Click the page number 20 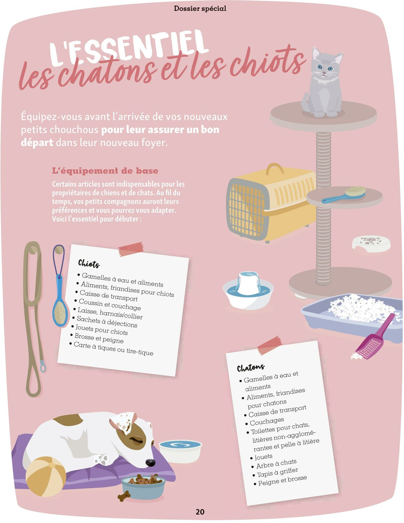(200, 511)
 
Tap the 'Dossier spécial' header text (200, 8)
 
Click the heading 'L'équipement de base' (105, 171)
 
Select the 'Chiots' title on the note (89, 263)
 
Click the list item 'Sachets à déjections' (107, 322)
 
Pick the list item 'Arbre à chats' (276, 464)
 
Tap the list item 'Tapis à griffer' (277, 473)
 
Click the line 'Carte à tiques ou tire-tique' (113, 349)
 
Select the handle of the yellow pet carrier (274, 169)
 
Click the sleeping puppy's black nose (150, 462)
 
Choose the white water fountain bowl (248, 290)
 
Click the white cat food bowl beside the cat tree (371, 244)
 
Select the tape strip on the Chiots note (131, 249)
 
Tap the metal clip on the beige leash (43, 366)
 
